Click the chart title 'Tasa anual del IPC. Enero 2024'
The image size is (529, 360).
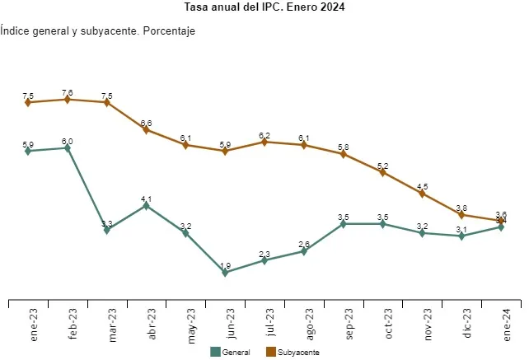pyautogui.click(x=264, y=7)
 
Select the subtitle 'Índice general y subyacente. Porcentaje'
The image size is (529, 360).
pyautogui.click(x=99, y=31)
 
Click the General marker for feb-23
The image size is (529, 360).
pyautogui.click(x=68, y=148)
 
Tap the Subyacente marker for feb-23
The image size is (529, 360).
pyautogui.click(x=68, y=100)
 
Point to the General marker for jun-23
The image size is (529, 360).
pyautogui.click(x=225, y=272)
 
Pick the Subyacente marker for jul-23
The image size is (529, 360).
pyautogui.click(x=264, y=142)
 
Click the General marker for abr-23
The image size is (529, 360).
pyautogui.click(x=147, y=205)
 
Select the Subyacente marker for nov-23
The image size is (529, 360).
pyautogui.click(x=423, y=194)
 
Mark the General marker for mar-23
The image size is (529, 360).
pyautogui.click(x=107, y=230)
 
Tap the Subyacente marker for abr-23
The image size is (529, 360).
pyautogui.click(x=147, y=129)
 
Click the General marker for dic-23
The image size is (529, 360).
pyautogui.click(x=462, y=236)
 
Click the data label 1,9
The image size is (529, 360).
pyautogui.click(x=225, y=265)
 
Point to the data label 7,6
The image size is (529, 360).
pyautogui.click(x=68, y=92)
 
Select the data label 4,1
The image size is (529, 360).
pyautogui.click(x=147, y=199)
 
